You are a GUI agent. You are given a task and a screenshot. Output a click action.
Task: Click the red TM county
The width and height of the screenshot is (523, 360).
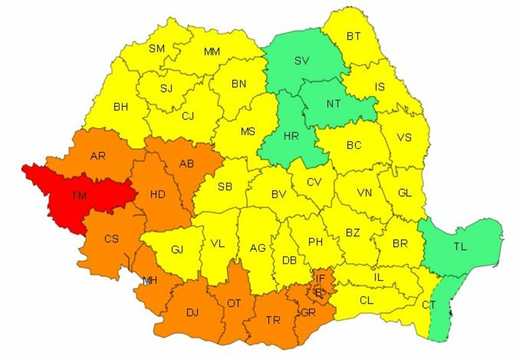(x=78, y=196)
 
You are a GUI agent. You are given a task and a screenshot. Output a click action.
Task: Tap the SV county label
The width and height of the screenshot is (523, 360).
(x=302, y=61)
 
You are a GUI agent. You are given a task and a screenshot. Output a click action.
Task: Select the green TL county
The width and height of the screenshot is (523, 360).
(x=460, y=246)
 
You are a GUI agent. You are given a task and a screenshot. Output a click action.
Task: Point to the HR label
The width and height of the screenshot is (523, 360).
(x=291, y=136)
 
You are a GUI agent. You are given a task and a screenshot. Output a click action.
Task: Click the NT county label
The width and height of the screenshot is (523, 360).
(x=334, y=104)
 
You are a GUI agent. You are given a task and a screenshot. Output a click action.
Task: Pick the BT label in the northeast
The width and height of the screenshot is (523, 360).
(x=354, y=36)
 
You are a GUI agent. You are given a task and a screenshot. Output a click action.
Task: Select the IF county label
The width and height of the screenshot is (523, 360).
(x=320, y=278)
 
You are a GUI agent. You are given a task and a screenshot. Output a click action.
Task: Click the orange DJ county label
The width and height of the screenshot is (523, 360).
(x=192, y=312)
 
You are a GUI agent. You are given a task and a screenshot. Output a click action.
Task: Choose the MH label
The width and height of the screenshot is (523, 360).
(x=150, y=281)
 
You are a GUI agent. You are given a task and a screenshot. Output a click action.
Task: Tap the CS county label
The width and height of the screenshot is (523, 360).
(x=111, y=239)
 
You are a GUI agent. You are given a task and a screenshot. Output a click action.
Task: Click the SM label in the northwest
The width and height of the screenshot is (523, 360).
(x=157, y=48)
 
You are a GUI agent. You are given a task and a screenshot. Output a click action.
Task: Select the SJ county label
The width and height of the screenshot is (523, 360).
(x=166, y=88)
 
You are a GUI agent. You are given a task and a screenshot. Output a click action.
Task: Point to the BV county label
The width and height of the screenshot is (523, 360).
(x=278, y=194)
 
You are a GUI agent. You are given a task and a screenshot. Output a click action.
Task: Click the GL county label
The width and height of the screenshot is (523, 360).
(x=405, y=193)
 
